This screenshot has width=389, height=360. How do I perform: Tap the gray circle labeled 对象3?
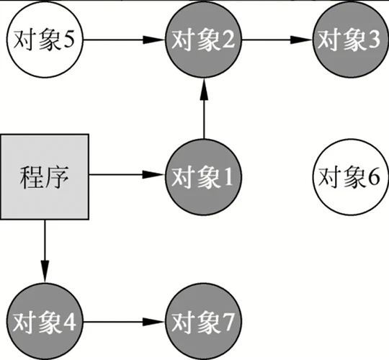point(349,40)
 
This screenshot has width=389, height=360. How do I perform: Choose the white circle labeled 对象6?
point(349,175)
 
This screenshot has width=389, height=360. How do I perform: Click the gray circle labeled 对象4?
point(45,321)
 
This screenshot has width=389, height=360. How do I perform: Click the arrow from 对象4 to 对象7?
point(122,321)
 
